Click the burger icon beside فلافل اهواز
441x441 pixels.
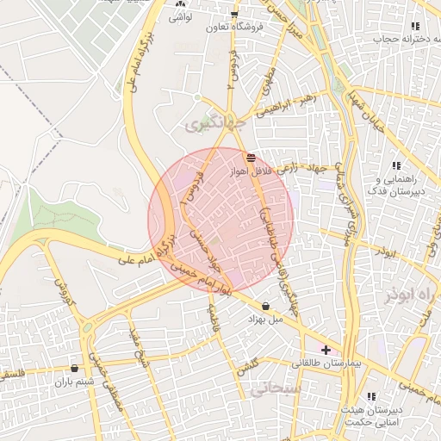tap(251, 158)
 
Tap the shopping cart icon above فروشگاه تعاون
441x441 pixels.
tap(233, 15)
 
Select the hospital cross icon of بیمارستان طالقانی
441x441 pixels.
tap(325, 350)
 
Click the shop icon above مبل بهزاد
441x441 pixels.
tap(264, 306)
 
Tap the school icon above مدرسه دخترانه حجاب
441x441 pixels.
tap(414, 27)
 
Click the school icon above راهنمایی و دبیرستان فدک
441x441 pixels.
tap(396, 165)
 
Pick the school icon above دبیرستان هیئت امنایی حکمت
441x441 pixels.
tap(372, 396)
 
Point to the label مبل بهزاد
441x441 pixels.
tap(264, 320)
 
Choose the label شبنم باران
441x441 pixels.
tap(73, 382)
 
